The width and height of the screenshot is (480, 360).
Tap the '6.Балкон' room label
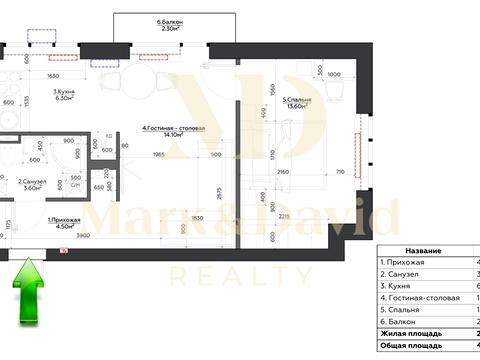point(161,21)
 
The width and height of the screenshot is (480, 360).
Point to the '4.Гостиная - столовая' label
point(174,128)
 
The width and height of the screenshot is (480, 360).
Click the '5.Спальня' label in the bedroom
point(297,99)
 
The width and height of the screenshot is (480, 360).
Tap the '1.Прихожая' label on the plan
point(64,220)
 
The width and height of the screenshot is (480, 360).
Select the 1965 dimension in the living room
point(157,155)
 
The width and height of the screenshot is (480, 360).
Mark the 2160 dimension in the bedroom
point(282,173)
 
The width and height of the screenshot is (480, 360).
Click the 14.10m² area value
point(177,136)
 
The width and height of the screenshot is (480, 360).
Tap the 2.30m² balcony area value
point(161,29)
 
